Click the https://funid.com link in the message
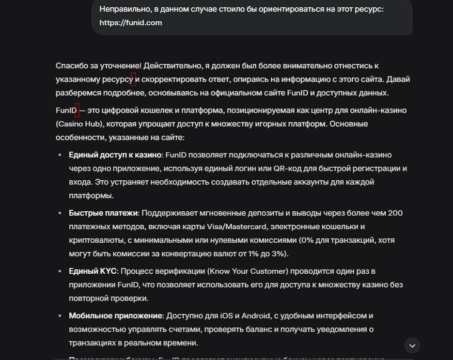click(x=131, y=23)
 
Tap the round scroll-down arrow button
click(x=412, y=345)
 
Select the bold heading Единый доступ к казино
click(x=115, y=155)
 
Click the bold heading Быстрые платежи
click(x=104, y=213)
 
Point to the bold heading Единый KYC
click(x=93, y=271)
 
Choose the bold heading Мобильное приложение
click(x=115, y=316)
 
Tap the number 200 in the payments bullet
click(x=395, y=213)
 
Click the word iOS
click(x=227, y=316)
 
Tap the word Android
click(x=252, y=316)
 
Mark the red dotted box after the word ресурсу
click(x=133, y=79)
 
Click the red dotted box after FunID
click(x=77, y=110)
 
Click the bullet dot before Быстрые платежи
click(x=60, y=213)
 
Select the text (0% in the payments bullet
click(x=306, y=240)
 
